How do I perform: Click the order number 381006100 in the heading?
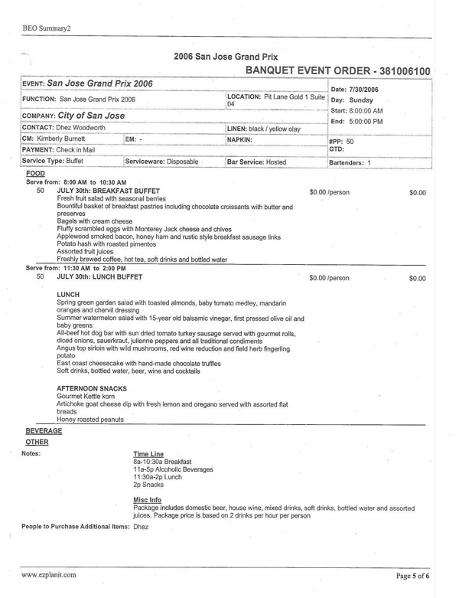[x=397, y=71]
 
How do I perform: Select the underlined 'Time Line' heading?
[x=148, y=454]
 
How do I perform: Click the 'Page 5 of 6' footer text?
[x=415, y=573]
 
